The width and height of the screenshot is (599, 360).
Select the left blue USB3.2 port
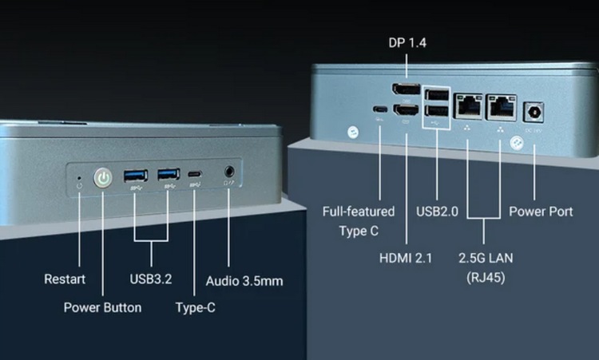(134, 175)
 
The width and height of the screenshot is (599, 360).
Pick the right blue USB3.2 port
(168, 174)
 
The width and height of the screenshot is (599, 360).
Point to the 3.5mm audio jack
(230, 171)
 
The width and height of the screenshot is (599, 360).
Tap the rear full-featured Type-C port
(379, 109)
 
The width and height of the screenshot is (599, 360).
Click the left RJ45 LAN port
(466, 103)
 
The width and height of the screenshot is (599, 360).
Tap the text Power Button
(102, 307)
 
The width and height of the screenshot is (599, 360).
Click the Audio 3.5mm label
(244, 281)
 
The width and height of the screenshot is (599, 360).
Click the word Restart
(65, 279)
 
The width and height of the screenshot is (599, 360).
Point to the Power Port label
(541, 212)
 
